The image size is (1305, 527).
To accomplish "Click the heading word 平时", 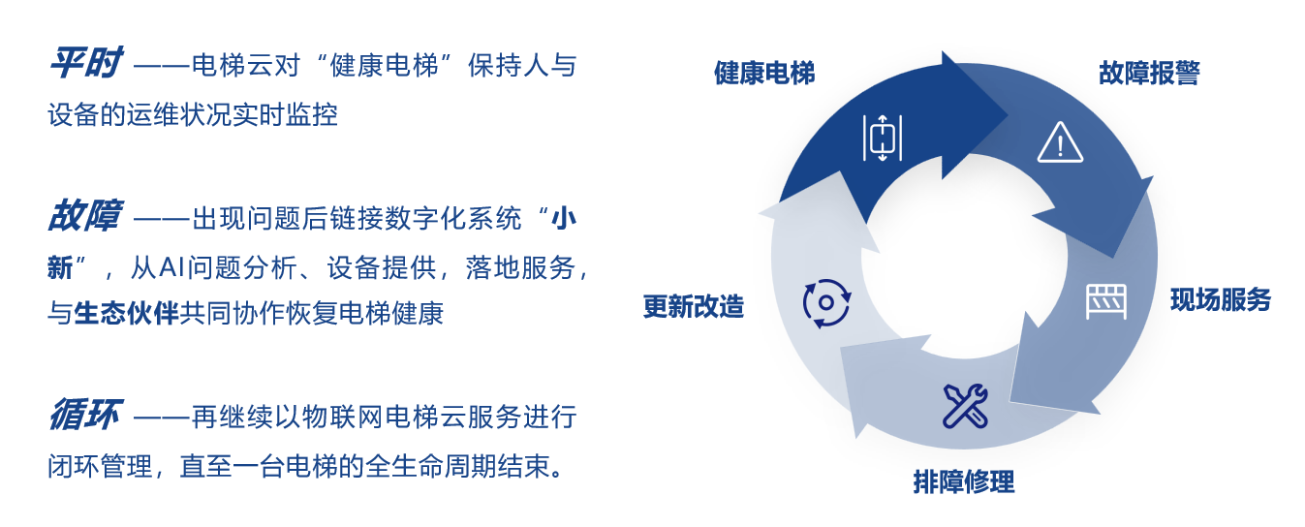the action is pyautogui.click(x=85, y=63).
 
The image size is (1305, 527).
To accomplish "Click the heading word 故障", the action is pyautogui.click(x=85, y=215).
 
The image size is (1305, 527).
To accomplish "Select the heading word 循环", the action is pyautogui.click(x=85, y=415).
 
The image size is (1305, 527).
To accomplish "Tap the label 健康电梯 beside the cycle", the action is pyautogui.click(x=764, y=74).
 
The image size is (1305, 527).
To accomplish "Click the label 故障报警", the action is pyautogui.click(x=1149, y=74).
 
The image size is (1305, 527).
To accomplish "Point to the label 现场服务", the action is pyautogui.click(x=1221, y=300).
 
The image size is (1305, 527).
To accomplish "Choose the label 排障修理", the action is pyautogui.click(x=964, y=482).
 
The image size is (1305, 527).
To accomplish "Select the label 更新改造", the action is pyautogui.click(x=694, y=306).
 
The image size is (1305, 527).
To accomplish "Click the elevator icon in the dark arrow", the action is pyautogui.click(x=882, y=138).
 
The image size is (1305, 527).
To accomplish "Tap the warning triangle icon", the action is pyautogui.click(x=1060, y=142).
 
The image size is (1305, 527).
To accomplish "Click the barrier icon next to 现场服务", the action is pyautogui.click(x=1105, y=301).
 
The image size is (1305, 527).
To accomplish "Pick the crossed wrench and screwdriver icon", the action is pyautogui.click(x=965, y=406).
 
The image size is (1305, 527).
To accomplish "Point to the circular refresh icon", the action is pyautogui.click(x=826, y=303).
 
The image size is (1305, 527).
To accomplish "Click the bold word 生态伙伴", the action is pyautogui.click(x=126, y=313).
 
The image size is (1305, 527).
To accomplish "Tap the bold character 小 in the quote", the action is pyautogui.click(x=563, y=219).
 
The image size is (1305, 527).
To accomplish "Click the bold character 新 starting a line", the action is pyautogui.click(x=61, y=268).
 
